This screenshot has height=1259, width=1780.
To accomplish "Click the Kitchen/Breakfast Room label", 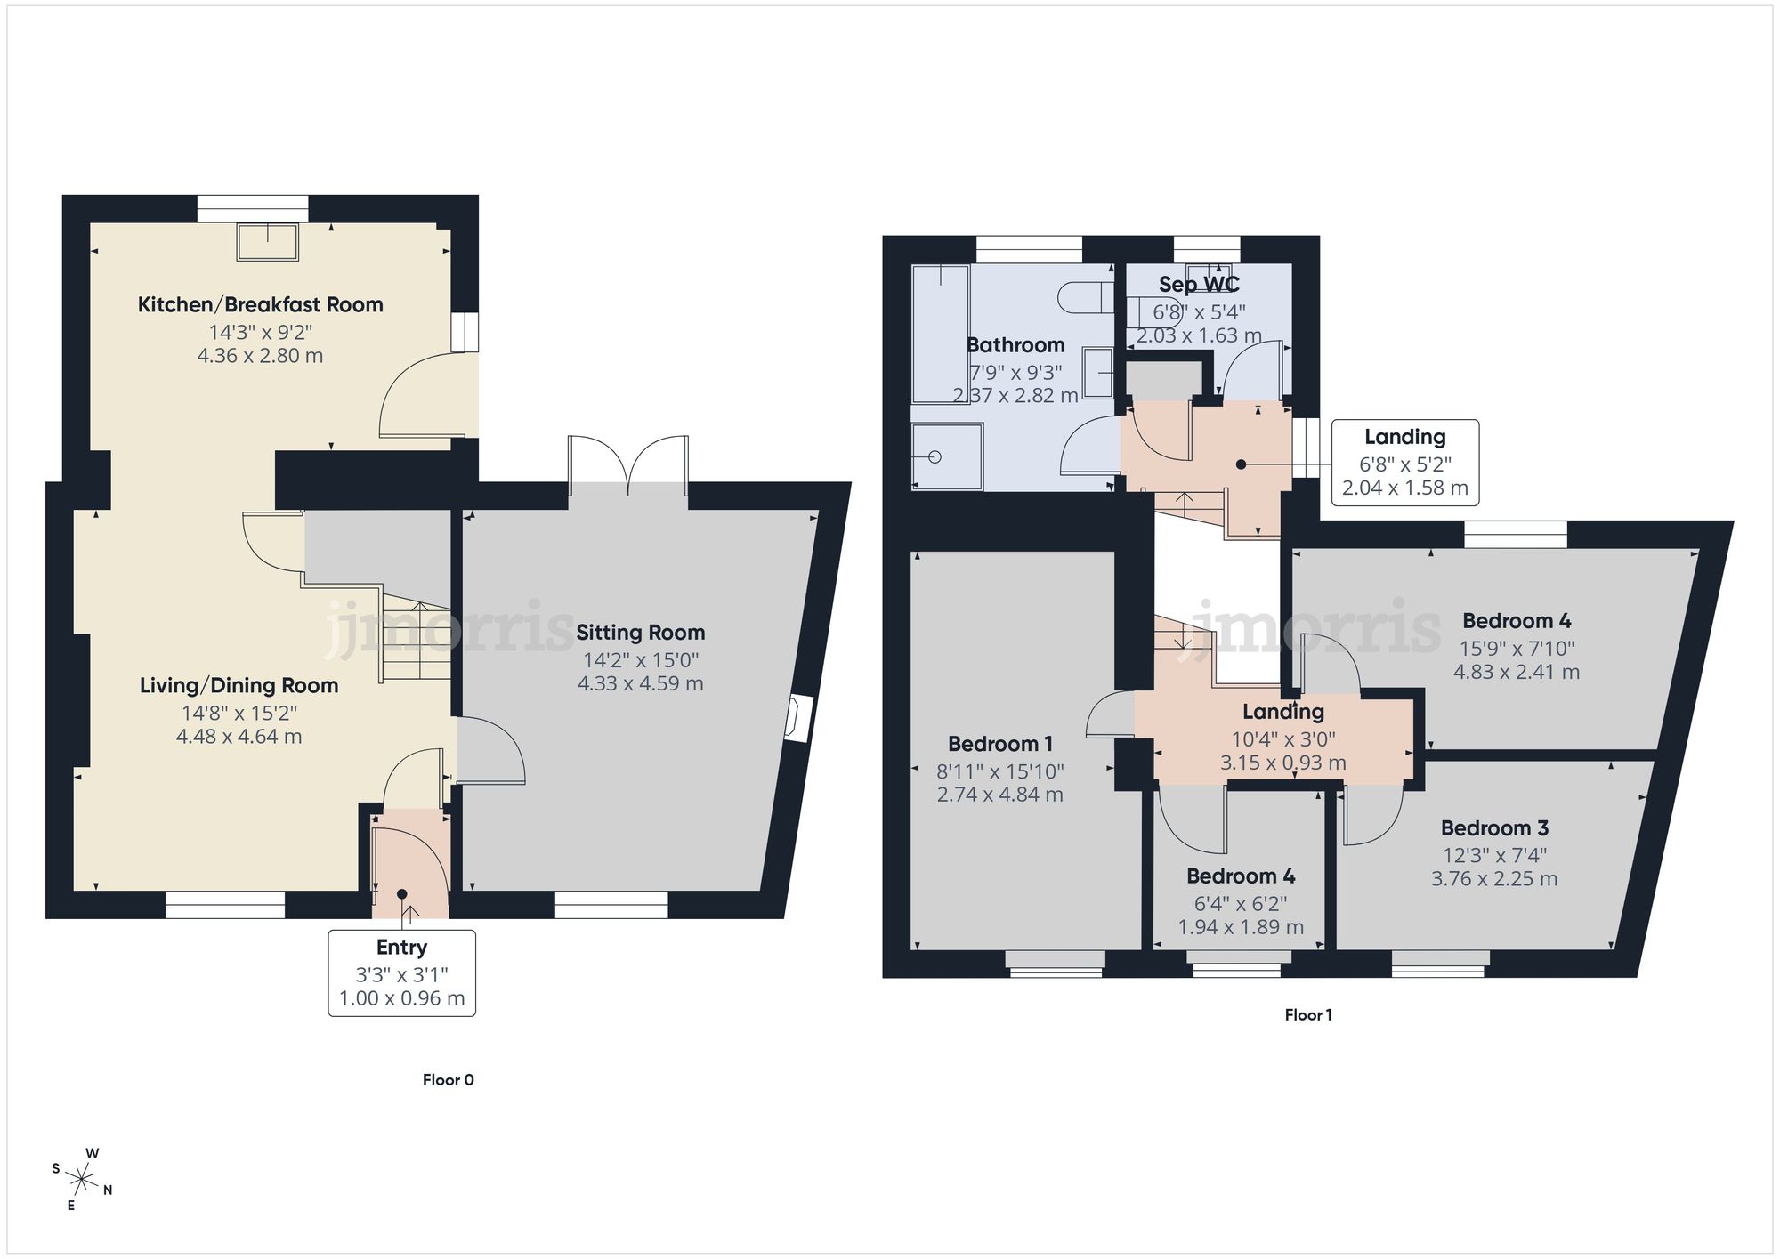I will (x=260, y=304).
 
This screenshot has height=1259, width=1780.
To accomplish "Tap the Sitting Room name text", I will (x=640, y=633).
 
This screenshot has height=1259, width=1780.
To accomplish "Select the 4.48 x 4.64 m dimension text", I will (x=239, y=737).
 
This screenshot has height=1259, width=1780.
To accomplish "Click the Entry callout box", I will (x=401, y=972).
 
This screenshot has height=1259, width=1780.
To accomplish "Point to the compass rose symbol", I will (x=82, y=1181).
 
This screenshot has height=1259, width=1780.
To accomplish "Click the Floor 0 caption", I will (x=448, y=1080).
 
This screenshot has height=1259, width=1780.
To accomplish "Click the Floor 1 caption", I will (x=1307, y=1014).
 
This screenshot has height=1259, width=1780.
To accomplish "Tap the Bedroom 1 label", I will (x=999, y=744).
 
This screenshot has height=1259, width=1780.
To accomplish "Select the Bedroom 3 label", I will (x=1494, y=828).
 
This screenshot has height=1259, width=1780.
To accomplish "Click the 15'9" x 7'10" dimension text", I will (x=1517, y=649).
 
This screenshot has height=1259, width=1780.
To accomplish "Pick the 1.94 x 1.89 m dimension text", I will (x=1241, y=927).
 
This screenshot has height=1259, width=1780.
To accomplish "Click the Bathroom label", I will (x=1015, y=345).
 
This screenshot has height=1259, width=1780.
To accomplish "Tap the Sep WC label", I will (x=1199, y=285).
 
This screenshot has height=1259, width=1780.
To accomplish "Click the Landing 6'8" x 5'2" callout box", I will (x=1404, y=462).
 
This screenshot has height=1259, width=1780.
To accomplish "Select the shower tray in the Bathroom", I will (x=947, y=456).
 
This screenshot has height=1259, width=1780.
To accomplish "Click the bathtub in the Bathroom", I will (x=940, y=334).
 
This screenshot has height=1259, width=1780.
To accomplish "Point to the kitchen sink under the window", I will (x=267, y=242).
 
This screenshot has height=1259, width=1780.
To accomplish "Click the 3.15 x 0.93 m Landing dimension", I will (x=1282, y=763).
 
